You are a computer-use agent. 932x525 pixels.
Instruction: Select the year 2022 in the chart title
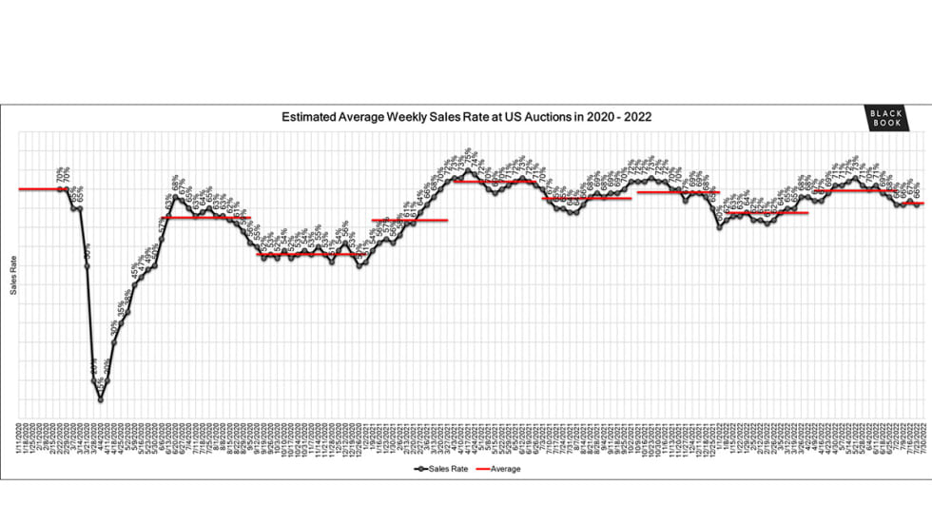636,117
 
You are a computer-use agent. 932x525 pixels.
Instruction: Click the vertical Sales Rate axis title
13,277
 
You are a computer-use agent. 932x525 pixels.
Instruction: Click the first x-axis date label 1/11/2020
19,439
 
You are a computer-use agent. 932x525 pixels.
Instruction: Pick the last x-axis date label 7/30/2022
923,439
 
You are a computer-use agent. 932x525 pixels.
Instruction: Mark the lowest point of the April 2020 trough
100,400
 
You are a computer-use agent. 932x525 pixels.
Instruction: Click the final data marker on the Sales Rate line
917,204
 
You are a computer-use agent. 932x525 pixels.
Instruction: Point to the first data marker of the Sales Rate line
62,189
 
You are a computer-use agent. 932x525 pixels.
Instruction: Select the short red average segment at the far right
914,203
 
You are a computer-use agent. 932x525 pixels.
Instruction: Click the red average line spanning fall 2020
312,254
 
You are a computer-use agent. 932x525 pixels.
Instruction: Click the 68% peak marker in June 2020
175,198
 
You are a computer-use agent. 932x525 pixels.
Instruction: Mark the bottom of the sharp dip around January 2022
720,226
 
